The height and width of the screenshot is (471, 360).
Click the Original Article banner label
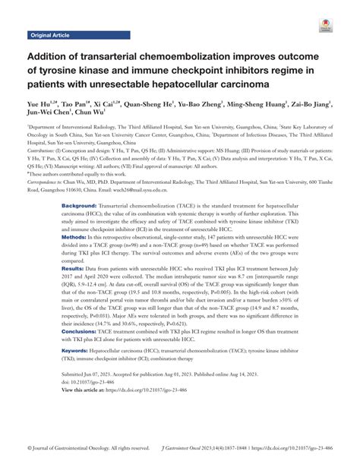coord(51,36)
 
